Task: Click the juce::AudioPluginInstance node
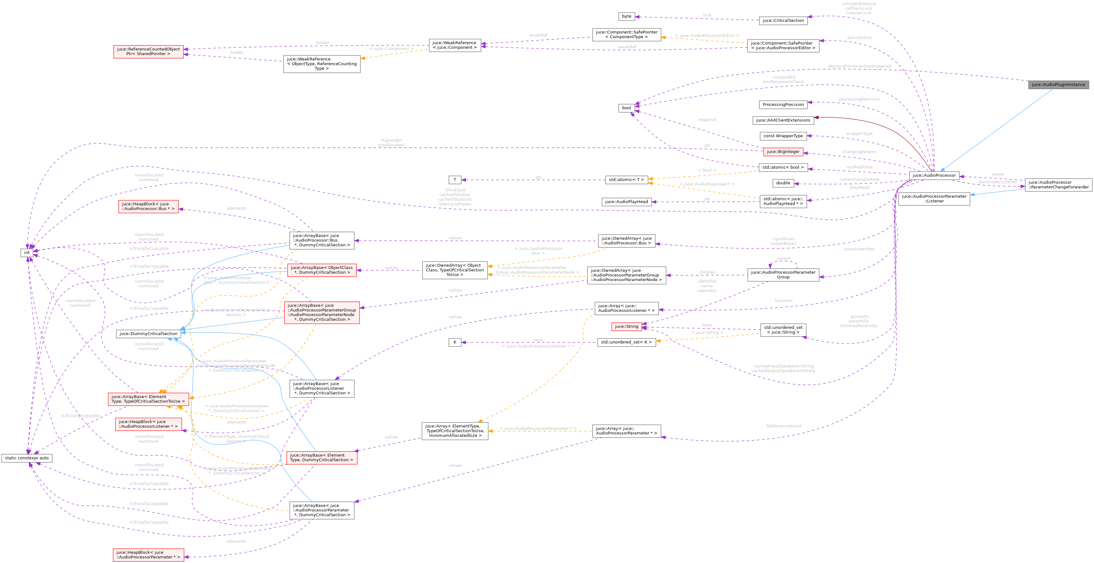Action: coord(1058,84)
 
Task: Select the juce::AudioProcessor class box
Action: coord(934,175)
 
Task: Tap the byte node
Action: coord(626,16)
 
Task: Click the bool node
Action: coord(626,108)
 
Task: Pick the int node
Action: coord(27,253)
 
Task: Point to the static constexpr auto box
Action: coord(27,458)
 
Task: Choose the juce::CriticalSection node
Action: coord(783,20)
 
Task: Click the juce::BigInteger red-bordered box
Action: coord(783,151)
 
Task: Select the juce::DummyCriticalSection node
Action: coord(148,334)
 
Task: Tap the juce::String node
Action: coord(626,327)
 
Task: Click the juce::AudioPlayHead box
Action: coord(626,202)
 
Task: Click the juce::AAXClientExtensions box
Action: coord(783,120)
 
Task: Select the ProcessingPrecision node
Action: coord(783,104)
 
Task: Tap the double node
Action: coord(783,183)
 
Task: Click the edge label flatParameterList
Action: coord(784,426)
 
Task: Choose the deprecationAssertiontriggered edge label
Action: coord(859,66)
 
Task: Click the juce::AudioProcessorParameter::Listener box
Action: coord(934,199)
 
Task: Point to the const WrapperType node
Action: coord(783,136)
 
